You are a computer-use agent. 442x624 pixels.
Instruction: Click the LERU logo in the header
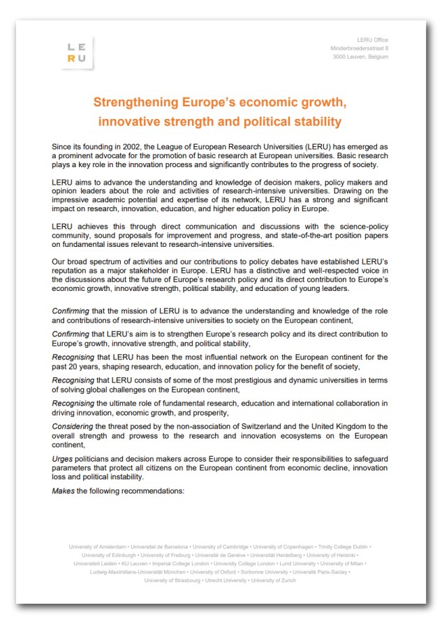tap(77, 52)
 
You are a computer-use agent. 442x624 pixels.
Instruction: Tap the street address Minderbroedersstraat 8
tap(359, 48)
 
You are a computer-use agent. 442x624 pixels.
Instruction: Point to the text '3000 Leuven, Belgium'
tap(360, 57)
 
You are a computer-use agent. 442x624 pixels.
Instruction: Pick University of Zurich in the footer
tap(273, 580)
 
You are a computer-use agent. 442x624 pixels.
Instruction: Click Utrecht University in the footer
tap(225, 580)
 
